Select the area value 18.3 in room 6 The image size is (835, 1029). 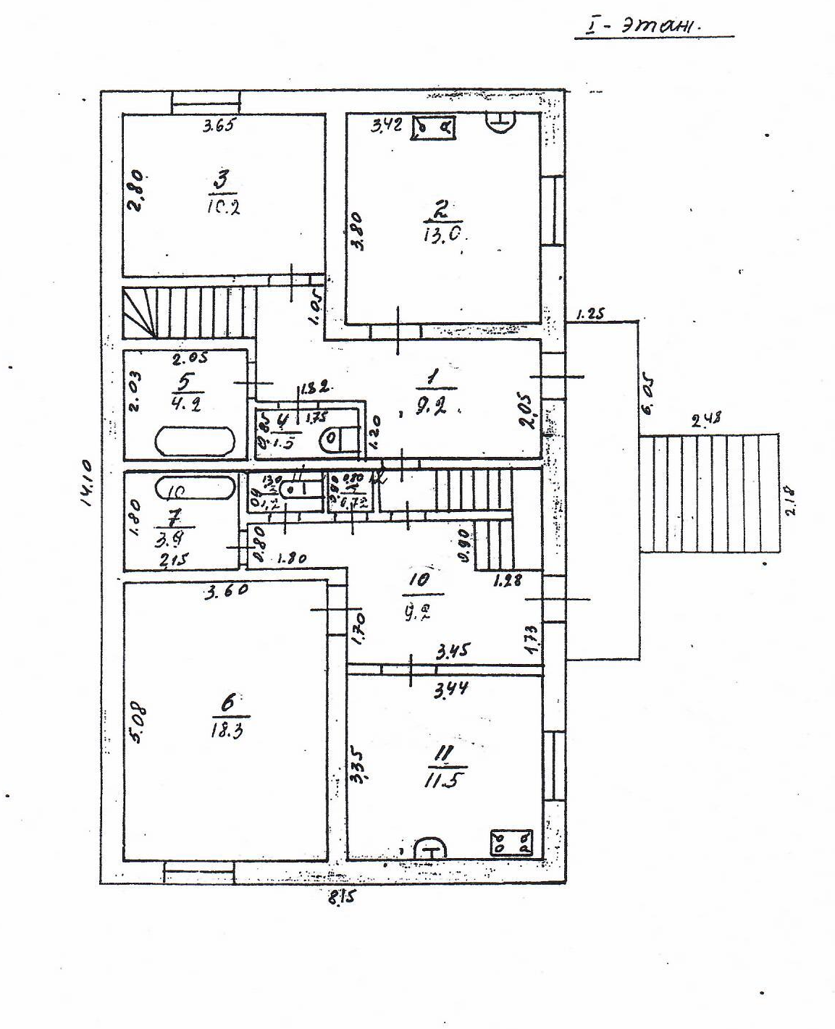pos(226,729)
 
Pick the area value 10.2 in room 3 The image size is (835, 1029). pos(222,206)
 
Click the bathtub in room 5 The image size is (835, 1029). pos(196,440)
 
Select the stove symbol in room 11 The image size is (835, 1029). pos(511,841)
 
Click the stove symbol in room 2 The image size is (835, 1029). pos(435,128)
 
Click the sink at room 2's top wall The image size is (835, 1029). pos(500,122)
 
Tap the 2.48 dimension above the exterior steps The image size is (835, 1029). pos(706,419)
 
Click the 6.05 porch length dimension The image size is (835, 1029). pos(647,398)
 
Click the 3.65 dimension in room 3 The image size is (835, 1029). pos(219,125)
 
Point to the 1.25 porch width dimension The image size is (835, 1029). pos(590,314)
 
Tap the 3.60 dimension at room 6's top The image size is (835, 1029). pos(227,591)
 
